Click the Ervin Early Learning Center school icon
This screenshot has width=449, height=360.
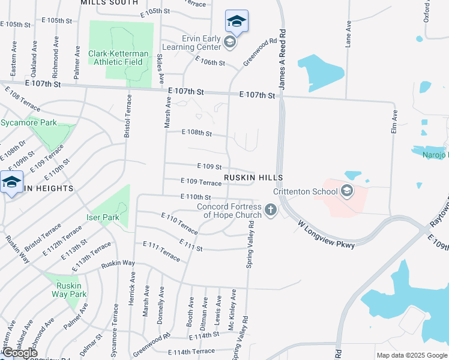pos(229,41)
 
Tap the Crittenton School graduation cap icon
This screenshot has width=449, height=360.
pos(346,191)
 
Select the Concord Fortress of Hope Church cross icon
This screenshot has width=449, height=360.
pos(271,210)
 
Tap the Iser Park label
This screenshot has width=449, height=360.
pos(103,217)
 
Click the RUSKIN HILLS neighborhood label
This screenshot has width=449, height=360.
pos(253,178)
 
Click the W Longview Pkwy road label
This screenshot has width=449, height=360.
pos(326,233)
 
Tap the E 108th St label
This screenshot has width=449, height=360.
pos(197,133)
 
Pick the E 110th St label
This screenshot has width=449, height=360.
pos(196,197)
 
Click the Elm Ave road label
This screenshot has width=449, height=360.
pos(394,122)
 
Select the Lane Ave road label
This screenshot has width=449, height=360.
pos(348,35)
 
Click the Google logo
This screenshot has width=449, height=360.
pos(20,352)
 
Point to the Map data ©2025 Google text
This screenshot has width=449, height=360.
pos(411,355)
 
